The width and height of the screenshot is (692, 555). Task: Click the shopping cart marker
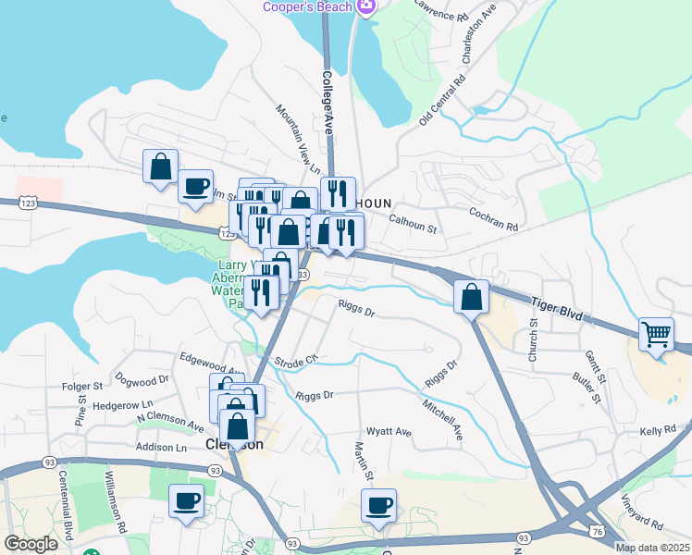click(656, 334)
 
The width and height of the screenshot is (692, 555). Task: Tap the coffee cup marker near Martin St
click(378, 506)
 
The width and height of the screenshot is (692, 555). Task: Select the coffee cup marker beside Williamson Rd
click(187, 501)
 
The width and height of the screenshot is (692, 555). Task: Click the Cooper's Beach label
click(307, 7)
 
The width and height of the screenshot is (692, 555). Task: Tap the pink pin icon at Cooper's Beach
click(366, 7)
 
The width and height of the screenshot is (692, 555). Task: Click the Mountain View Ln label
click(297, 139)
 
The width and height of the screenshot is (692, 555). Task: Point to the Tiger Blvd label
click(556, 307)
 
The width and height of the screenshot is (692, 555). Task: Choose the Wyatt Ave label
click(389, 432)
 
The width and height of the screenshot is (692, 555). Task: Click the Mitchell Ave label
click(442, 418)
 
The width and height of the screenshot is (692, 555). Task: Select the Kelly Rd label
click(658, 432)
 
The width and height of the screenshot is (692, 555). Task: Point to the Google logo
click(31, 545)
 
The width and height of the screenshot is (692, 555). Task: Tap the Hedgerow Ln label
click(122, 405)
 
